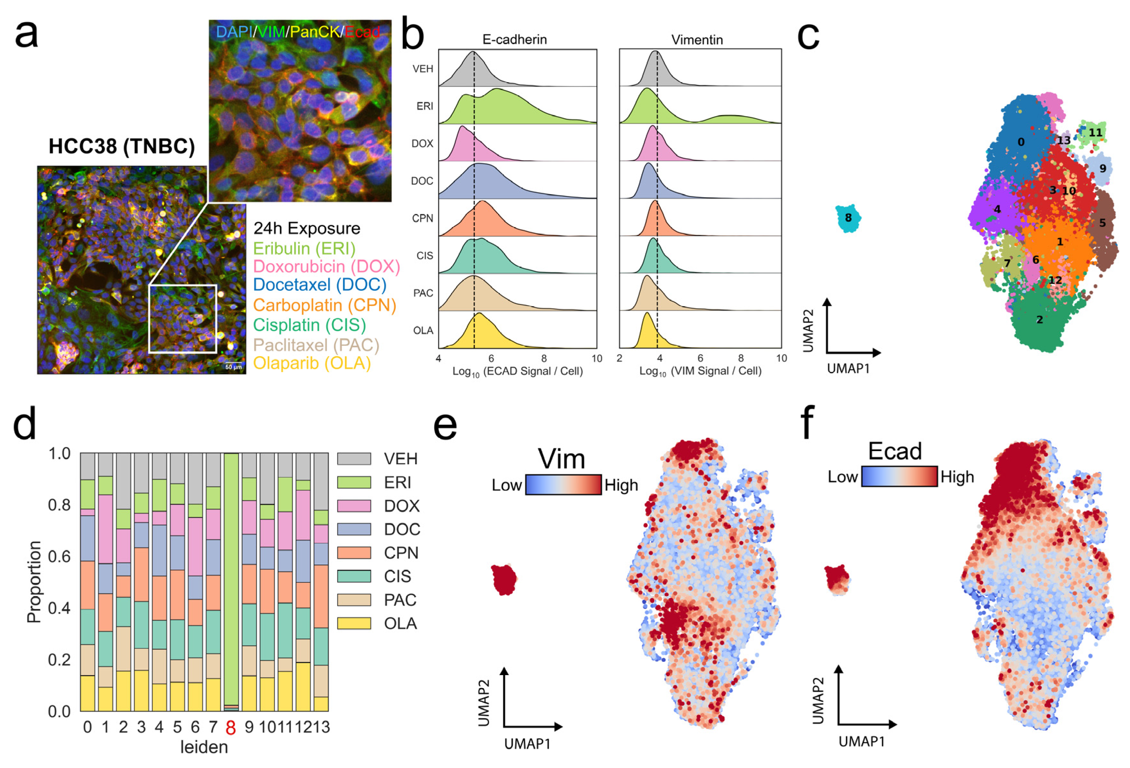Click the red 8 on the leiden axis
point(231,728)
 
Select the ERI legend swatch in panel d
point(354,482)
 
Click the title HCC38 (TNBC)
point(122,146)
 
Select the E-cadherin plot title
point(514,40)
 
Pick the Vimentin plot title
point(697,40)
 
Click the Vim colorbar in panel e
point(563,485)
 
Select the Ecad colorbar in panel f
point(899,476)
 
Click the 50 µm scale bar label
point(233,367)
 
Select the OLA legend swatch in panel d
point(354,623)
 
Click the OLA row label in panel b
point(423,331)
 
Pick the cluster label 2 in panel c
point(1040,320)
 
